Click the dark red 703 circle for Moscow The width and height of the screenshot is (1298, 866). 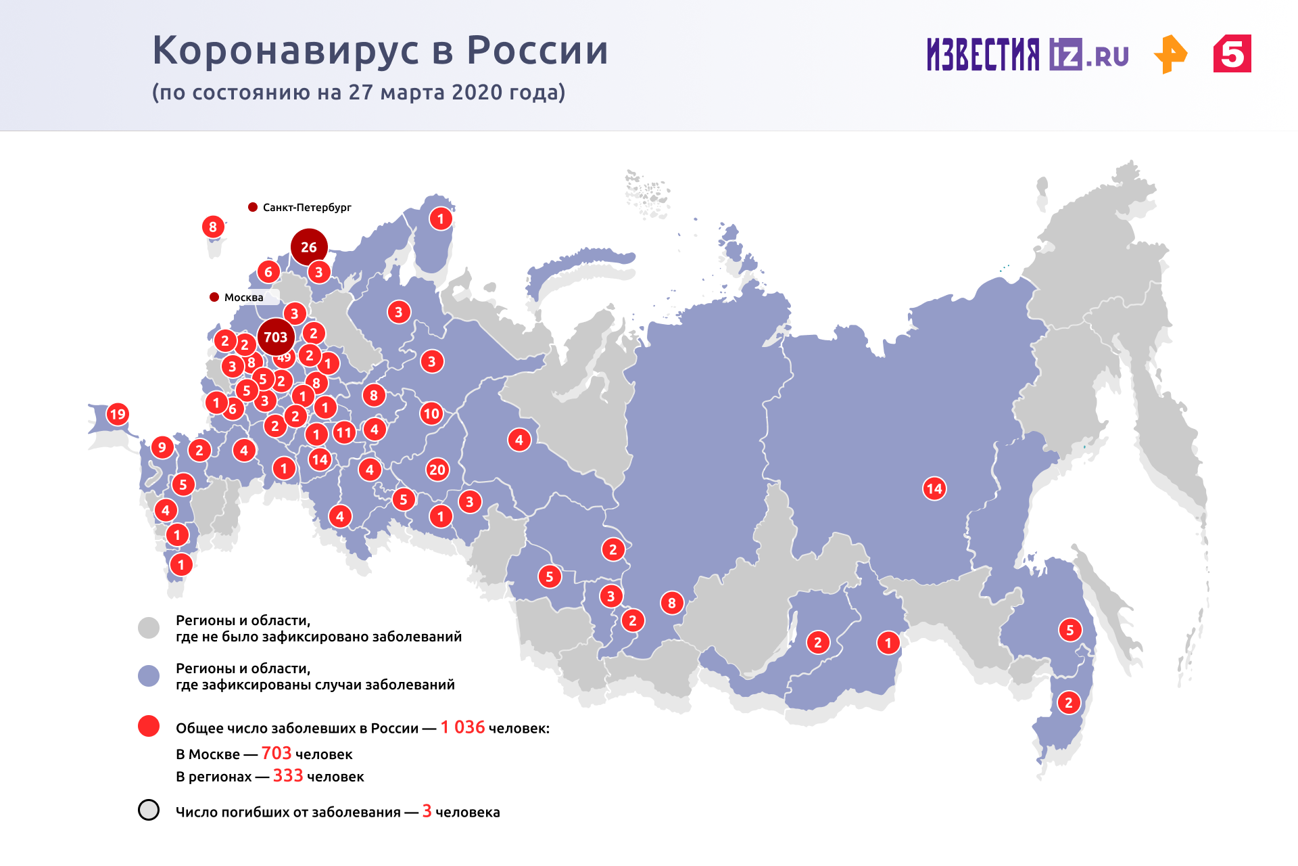tap(276, 336)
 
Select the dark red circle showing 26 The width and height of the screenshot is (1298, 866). tap(309, 247)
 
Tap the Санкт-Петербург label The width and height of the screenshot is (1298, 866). tap(306, 207)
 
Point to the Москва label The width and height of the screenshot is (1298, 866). tap(243, 297)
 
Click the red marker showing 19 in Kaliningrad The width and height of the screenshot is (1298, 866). tap(118, 414)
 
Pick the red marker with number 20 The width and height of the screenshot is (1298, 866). tap(437, 470)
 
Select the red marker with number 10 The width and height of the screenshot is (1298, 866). tap(431, 413)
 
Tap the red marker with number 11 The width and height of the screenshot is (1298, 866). tap(344, 432)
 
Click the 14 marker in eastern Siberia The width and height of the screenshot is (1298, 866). tap(934, 488)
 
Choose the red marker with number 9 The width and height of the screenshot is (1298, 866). tap(162, 447)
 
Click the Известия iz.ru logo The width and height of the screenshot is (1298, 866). tap(1027, 54)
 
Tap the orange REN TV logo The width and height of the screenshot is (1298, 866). tap(1170, 54)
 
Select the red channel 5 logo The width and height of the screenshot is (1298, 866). tap(1232, 54)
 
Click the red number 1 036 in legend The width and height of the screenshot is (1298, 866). tap(462, 727)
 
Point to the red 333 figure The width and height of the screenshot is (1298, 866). tap(287, 776)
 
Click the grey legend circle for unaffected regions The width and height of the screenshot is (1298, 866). tap(149, 627)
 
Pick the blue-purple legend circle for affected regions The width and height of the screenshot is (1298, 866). tap(149, 675)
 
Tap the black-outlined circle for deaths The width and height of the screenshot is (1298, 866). tap(149, 810)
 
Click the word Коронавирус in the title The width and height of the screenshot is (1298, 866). tap(291, 51)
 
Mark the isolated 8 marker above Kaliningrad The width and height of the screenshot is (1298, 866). tap(213, 227)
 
